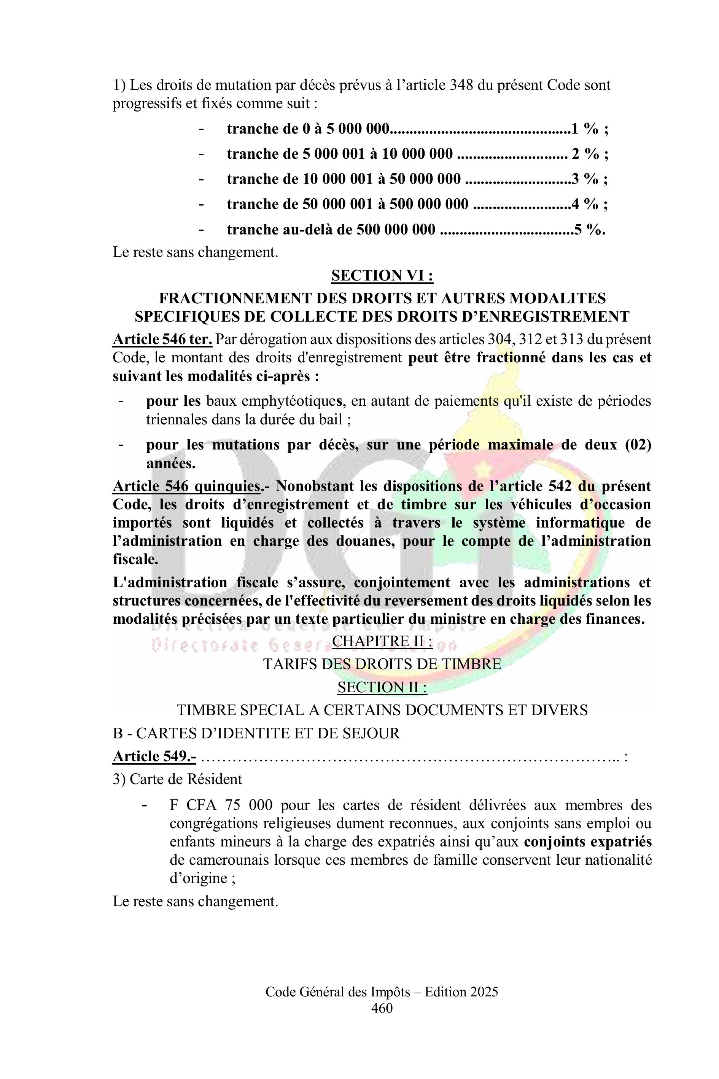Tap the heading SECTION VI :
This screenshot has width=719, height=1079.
(382, 275)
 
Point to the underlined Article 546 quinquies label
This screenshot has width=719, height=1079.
(186, 486)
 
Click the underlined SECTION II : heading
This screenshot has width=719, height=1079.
(382, 687)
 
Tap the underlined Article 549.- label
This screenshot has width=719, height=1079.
(154, 756)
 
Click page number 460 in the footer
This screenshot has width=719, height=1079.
(382, 1008)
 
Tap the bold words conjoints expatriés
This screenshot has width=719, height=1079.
(587, 842)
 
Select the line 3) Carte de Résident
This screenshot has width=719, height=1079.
(177, 779)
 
